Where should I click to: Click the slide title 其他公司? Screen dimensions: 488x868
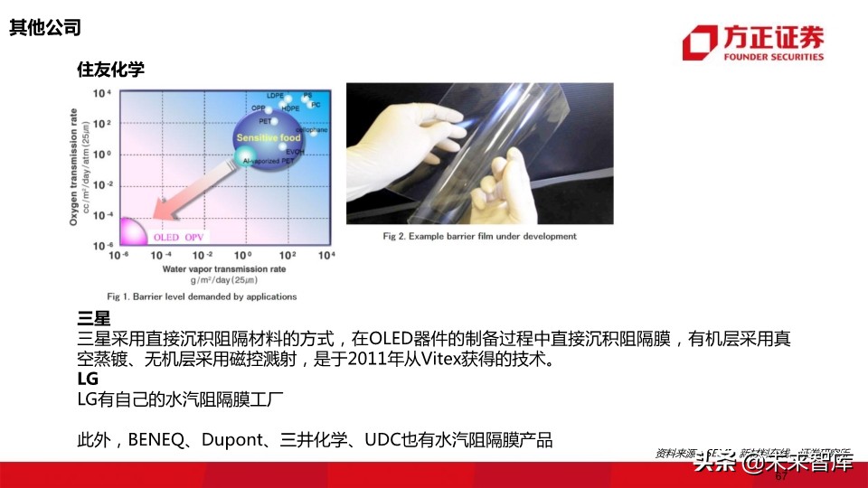[45, 28]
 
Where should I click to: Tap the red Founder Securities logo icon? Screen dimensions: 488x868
[700, 42]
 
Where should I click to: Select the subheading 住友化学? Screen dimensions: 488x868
[111, 70]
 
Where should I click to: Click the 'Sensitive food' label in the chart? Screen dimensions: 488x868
[269, 137]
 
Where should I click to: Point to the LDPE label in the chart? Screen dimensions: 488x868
[276, 95]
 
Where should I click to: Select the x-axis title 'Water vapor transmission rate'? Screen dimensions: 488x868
[223, 268]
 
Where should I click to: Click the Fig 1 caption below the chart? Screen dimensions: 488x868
[202, 296]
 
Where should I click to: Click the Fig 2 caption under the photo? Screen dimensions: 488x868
[479, 237]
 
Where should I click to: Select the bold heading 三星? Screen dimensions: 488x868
[94, 319]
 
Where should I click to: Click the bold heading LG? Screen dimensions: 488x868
[88, 380]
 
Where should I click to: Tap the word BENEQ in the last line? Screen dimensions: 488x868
[156, 440]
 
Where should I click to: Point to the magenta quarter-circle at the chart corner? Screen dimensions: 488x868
[128, 232]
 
